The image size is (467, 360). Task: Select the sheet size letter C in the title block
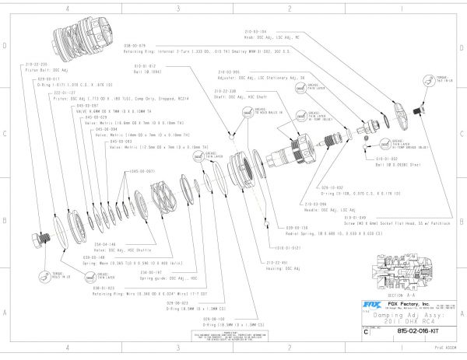[x=367, y=331]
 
